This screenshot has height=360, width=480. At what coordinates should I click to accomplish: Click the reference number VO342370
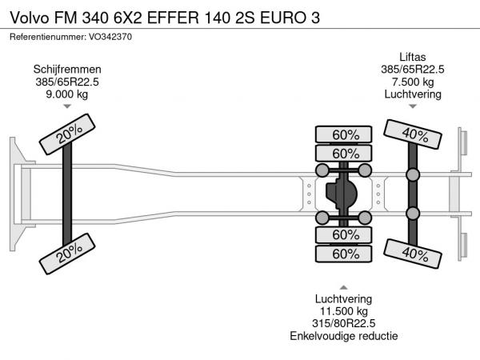click(x=110, y=37)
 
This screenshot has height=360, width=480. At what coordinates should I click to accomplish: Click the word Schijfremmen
click(x=67, y=70)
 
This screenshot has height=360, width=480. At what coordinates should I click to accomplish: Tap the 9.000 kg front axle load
click(x=67, y=94)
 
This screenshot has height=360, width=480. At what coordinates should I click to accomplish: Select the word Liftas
click(x=412, y=58)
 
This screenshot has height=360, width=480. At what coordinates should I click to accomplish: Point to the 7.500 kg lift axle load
click(x=413, y=82)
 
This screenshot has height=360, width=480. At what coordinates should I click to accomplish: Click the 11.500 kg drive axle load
click(x=343, y=311)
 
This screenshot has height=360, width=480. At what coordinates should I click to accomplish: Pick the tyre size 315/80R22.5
click(x=343, y=323)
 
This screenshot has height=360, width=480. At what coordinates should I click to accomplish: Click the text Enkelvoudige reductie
click(x=343, y=336)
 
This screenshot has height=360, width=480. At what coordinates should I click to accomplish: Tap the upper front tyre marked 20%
click(x=67, y=134)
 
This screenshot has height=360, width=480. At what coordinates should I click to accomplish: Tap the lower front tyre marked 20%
click(x=67, y=254)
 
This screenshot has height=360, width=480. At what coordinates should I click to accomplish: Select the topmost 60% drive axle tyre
click(x=344, y=134)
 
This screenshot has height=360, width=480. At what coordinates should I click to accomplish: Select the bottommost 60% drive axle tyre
click(x=344, y=254)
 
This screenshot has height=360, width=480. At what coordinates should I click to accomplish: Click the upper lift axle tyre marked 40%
click(x=413, y=134)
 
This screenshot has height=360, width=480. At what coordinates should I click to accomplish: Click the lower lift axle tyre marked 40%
click(x=413, y=254)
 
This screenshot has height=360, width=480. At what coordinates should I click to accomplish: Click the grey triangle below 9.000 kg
click(x=67, y=106)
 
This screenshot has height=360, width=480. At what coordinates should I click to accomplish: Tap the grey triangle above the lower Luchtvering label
click(x=343, y=287)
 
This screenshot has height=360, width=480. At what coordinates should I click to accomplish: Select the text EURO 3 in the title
click(x=290, y=18)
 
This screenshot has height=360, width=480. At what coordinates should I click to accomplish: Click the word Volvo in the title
click(x=30, y=18)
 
